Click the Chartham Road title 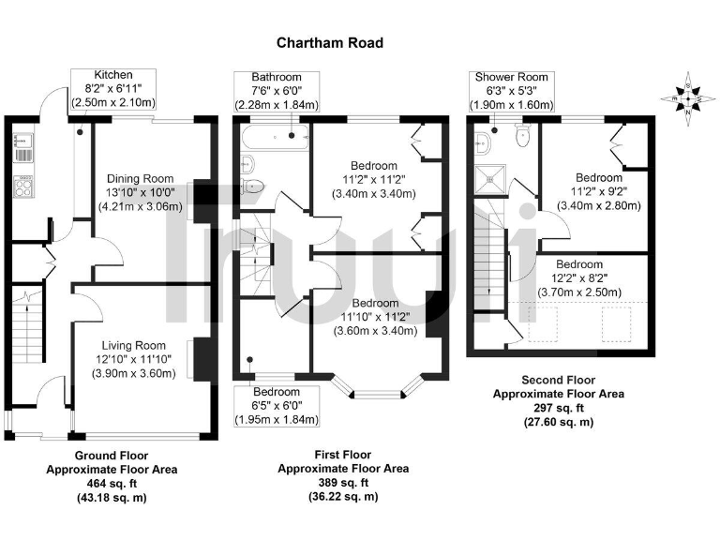329,42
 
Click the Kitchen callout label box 113,88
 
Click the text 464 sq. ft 112,484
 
